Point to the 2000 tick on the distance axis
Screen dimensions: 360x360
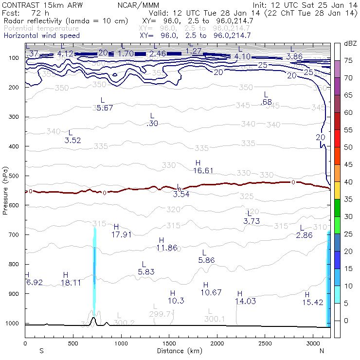click(x=217, y=343)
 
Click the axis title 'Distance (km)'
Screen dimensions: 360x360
click(x=177, y=351)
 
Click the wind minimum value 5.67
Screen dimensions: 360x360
click(x=105, y=108)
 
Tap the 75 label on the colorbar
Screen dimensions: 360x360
click(x=348, y=61)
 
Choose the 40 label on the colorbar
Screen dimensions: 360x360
click(x=348, y=182)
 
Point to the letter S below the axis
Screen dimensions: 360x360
click(x=41, y=351)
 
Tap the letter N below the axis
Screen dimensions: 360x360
click(x=322, y=351)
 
